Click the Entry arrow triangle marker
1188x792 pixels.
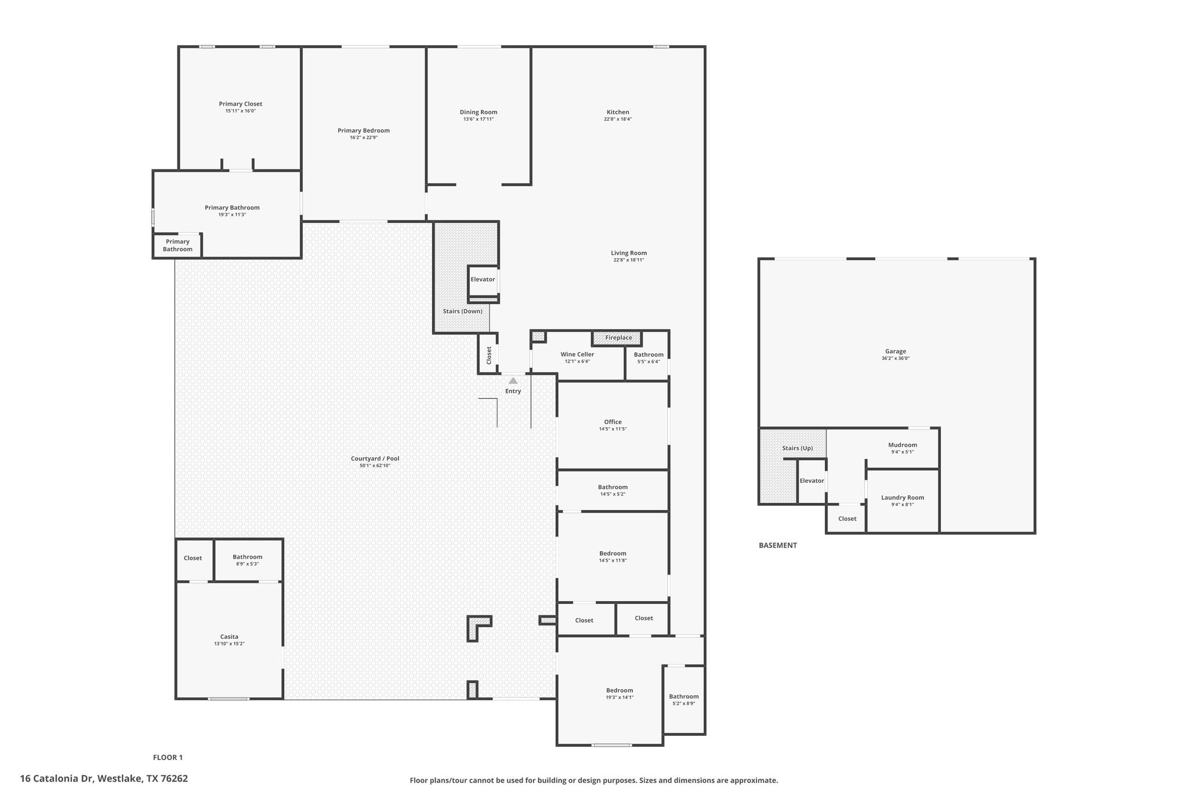click(513, 381)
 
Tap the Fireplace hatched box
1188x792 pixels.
click(617, 338)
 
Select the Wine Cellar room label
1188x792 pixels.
click(577, 355)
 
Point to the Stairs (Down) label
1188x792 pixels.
click(462, 311)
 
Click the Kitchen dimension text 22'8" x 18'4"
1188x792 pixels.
click(618, 119)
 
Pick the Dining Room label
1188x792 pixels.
click(479, 112)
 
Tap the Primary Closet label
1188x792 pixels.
click(241, 104)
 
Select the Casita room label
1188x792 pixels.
click(229, 637)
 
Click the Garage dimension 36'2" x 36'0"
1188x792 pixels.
click(896, 358)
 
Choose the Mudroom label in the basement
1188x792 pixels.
click(903, 445)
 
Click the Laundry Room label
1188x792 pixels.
click(903, 497)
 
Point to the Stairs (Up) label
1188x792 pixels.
click(798, 448)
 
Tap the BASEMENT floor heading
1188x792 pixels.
click(778, 545)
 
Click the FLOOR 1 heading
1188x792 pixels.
click(168, 757)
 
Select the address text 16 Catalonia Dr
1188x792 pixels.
click(57, 779)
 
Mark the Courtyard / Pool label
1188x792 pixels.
click(375, 458)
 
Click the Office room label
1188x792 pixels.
click(613, 422)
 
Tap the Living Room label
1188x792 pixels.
click(629, 253)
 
